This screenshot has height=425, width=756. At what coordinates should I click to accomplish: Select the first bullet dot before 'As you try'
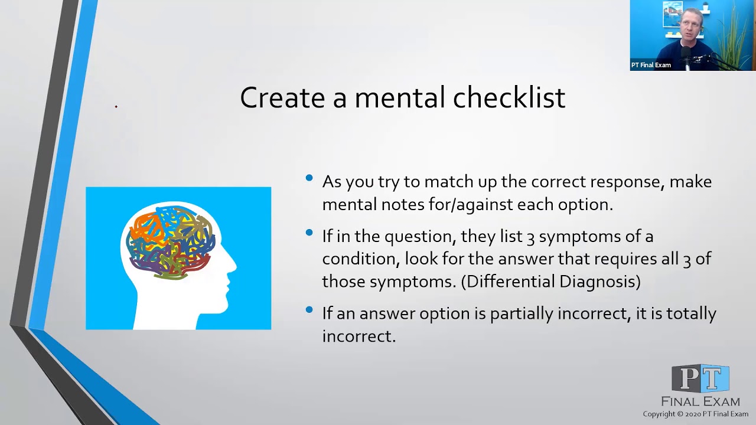coord(309,178)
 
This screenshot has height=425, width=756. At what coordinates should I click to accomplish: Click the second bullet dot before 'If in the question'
coord(309,233)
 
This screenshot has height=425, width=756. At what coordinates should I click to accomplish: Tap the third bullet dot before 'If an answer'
coord(309,309)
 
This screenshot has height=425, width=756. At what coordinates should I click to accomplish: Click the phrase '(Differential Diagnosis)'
coord(550,282)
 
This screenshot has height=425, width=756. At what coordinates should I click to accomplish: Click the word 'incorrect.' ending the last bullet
coord(359,336)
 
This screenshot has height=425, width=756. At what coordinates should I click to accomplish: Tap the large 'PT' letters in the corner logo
coord(700,379)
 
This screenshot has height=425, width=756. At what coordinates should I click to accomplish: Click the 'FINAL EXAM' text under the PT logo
coord(700,401)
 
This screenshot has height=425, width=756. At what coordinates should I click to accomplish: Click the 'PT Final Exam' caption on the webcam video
coord(651,65)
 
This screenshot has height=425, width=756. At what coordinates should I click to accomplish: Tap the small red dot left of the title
coord(116,107)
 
